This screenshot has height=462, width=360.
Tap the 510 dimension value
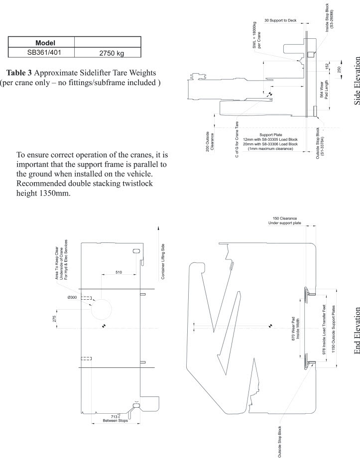(x=119, y=272)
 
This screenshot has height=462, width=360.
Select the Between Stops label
(x=116, y=421)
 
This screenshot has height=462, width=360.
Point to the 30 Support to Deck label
(x=281, y=20)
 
